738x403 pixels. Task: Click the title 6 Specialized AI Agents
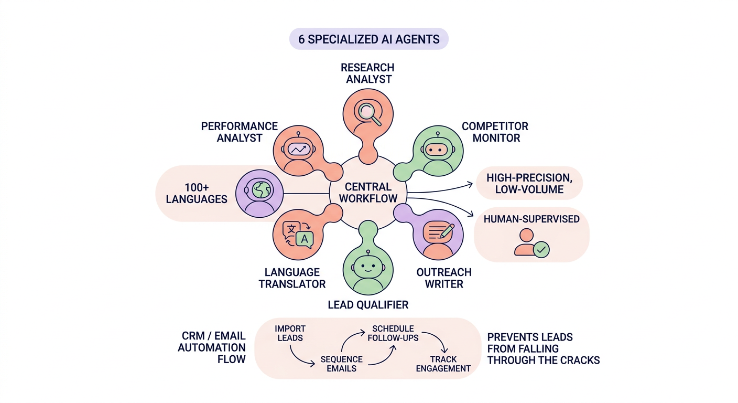pyautogui.click(x=368, y=39)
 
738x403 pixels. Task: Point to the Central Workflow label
pyautogui.click(x=368, y=193)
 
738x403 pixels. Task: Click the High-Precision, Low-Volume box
pyautogui.click(x=528, y=184)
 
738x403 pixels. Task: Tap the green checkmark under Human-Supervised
pyautogui.click(x=541, y=249)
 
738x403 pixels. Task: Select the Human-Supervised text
pyautogui.click(x=531, y=219)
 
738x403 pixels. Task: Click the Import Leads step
pyautogui.click(x=290, y=333)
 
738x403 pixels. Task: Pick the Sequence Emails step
pyautogui.click(x=341, y=364)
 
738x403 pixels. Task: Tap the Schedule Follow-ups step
pyautogui.click(x=393, y=333)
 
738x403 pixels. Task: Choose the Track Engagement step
pyautogui.click(x=443, y=364)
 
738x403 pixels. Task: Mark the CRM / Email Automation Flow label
pyautogui.click(x=212, y=347)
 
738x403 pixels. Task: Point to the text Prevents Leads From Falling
pyautogui.click(x=530, y=343)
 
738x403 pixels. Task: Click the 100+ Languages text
pyautogui.click(x=197, y=193)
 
